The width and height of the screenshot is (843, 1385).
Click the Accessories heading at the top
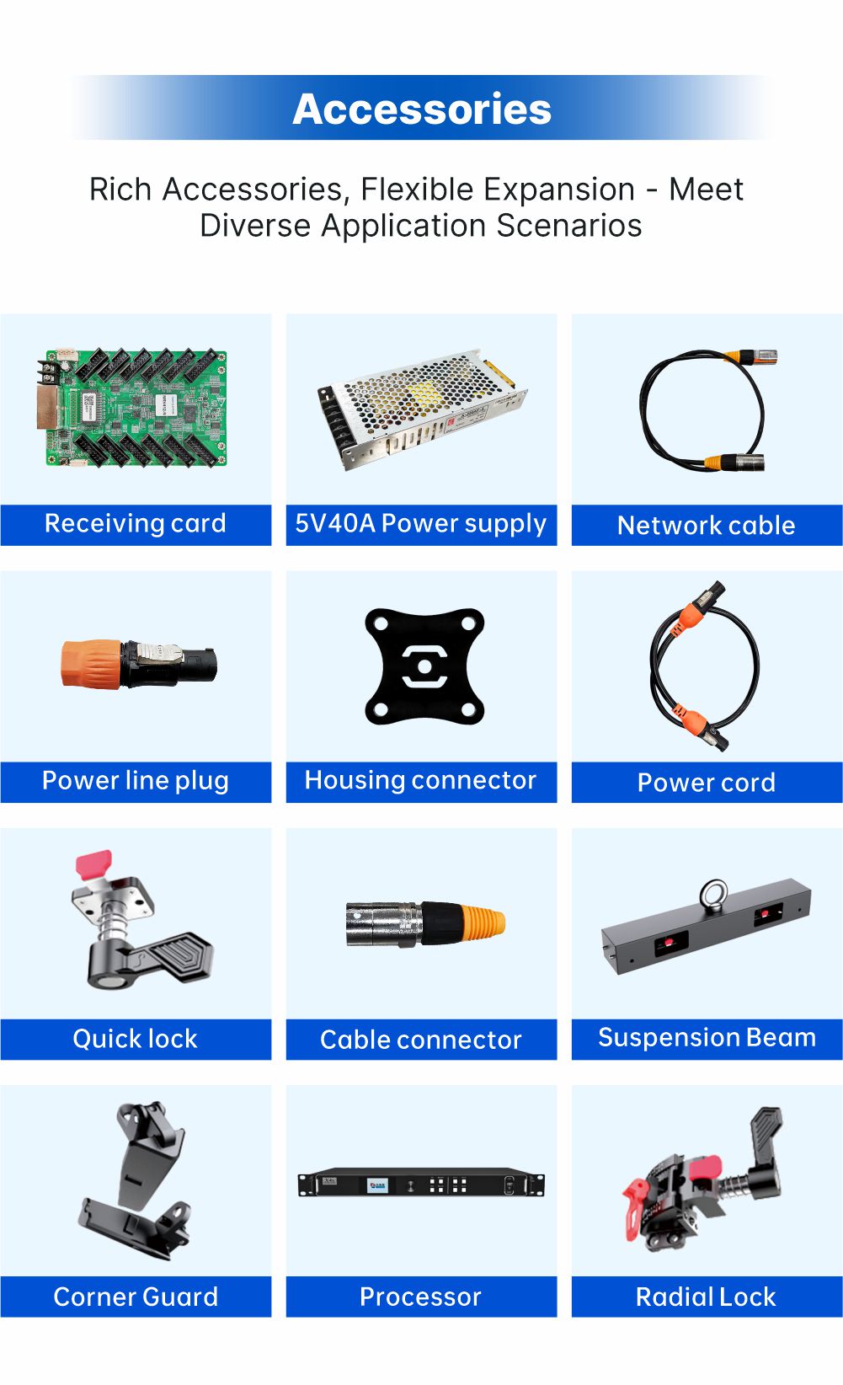[x=421, y=109]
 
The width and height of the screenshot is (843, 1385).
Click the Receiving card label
[x=136, y=523]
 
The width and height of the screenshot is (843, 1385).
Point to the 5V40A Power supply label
[x=421, y=524]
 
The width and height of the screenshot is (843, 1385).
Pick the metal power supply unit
[x=422, y=409]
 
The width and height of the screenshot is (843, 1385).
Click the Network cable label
[x=707, y=526]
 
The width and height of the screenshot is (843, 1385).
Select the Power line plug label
[x=136, y=781]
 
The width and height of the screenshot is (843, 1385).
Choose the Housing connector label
[x=421, y=780]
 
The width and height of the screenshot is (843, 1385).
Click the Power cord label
[x=707, y=783]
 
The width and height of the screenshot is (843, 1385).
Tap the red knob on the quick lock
[x=94, y=864]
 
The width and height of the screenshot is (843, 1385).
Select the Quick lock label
[x=136, y=1039]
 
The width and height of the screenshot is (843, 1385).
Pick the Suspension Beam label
[x=707, y=1038]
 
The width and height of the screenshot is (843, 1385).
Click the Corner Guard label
[x=136, y=1297]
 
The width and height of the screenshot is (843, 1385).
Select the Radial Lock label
[x=706, y=1297]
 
